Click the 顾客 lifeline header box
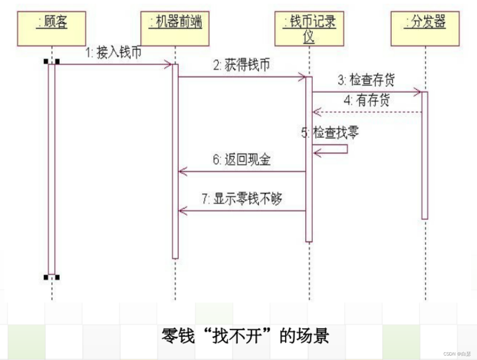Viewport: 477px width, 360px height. tap(52, 28)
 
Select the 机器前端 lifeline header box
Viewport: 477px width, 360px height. tap(175, 28)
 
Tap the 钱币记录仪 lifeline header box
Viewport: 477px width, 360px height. tap(309, 28)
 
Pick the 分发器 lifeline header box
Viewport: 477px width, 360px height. tap(425, 28)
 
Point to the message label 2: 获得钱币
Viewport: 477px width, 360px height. tap(241, 65)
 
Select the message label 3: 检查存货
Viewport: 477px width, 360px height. tap(366, 80)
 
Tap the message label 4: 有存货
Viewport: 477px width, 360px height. tap(367, 100)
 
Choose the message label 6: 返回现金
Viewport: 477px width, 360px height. tap(242, 160)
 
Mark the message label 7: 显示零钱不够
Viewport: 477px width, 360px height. tap(242, 199)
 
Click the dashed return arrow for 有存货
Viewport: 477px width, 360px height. tap(367, 111)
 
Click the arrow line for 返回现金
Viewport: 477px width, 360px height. tap(242, 172)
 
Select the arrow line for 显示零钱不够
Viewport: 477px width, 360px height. tap(242, 210)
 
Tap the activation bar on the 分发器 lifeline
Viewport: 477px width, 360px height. tap(425, 155)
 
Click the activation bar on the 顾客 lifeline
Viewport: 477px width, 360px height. tap(52, 170)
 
